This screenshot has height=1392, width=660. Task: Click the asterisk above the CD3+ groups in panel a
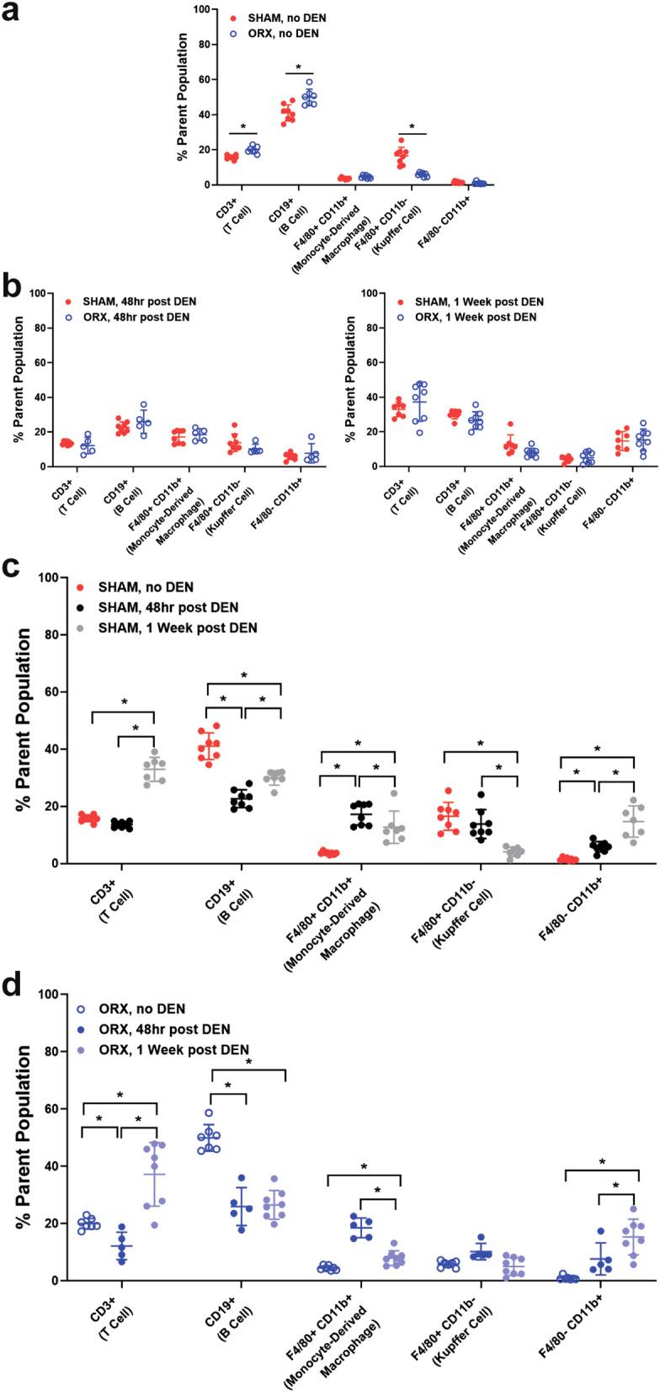[243, 127]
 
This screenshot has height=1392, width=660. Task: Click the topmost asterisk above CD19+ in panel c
[244, 675]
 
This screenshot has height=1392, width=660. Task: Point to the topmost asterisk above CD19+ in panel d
[249, 1063]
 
